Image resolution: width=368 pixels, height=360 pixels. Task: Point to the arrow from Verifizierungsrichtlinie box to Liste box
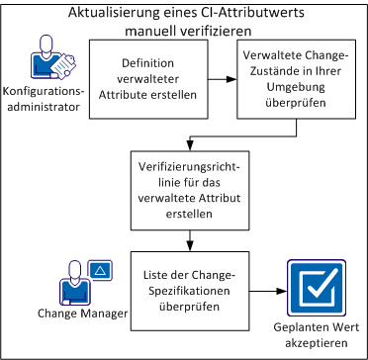pyautogui.click(x=185, y=238)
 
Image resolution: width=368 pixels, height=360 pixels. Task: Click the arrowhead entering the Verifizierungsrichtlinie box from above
pyautogui.click(x=185, y=144)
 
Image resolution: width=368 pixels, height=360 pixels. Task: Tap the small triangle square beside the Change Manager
pyautogui.click(x=100, y=269)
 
